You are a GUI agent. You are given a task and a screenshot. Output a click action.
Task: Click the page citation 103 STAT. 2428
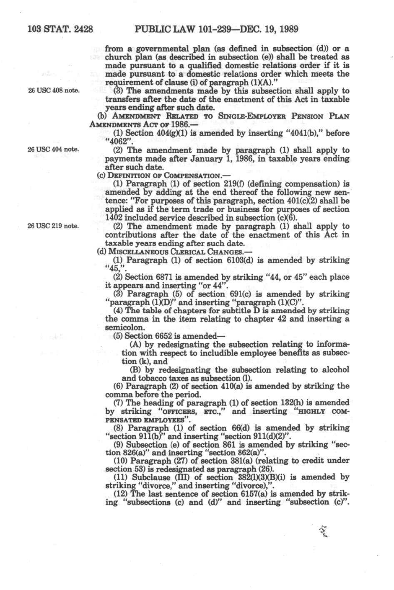(x=60, y=29)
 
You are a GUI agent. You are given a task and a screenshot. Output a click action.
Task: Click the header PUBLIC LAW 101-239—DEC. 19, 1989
(x=217, y=29)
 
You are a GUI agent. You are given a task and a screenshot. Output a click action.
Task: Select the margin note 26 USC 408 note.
(x=53, y=90)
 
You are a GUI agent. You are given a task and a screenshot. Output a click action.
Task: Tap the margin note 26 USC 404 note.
(x=53, y=149)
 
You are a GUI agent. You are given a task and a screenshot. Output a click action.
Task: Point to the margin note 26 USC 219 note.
(x=53, y=226)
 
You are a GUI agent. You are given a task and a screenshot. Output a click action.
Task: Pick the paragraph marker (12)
(x=121, y=494)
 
